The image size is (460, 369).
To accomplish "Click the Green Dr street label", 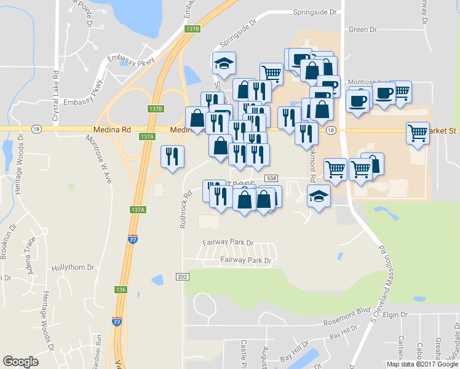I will (x=362, y=30).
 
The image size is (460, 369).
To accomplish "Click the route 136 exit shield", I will (x=121, y=289).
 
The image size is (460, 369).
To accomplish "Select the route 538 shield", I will (x=271, y=178).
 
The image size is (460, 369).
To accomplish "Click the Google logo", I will (x=20, y=362).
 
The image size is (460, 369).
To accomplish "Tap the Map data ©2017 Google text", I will (x=422, y=364).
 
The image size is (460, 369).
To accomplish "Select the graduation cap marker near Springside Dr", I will (x=224, y=64).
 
